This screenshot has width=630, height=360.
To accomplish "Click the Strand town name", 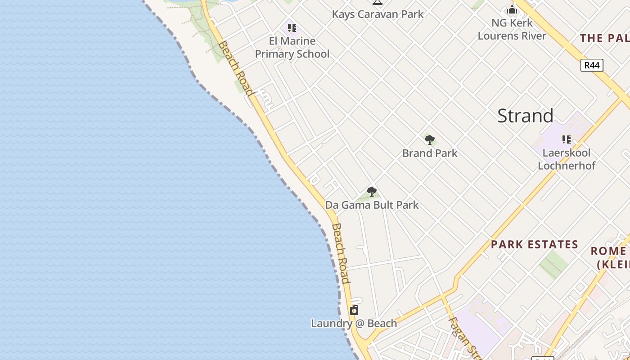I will pos(525,116).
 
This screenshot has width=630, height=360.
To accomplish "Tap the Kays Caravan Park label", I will pos(378,14).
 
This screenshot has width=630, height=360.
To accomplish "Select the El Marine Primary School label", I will pos(292,48).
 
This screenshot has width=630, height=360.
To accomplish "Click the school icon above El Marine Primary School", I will pos(292,28).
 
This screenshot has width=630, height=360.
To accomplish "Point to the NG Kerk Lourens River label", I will pos(512,29).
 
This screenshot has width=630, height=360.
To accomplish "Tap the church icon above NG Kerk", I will pos(512,9).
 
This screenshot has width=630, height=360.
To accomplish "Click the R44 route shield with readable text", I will pos(591,65).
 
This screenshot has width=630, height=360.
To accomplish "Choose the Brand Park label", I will pos(430,153).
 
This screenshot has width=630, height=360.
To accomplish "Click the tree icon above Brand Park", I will pos(430,139).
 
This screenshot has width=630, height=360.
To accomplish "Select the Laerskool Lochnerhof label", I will pos(567,159).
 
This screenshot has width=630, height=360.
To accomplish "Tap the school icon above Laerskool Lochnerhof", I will pos(566,139).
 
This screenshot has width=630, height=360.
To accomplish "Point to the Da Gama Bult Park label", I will pos(372,205).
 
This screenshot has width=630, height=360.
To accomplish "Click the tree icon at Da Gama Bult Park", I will pos(371,192).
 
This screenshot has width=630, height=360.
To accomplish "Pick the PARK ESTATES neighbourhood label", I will pos(534,245).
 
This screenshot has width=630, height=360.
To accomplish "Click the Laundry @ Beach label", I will pos(354,324).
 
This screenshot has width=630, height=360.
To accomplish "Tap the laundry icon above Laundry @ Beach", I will pos(354,310).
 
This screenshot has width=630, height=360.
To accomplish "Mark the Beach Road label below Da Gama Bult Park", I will pos(340,253).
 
